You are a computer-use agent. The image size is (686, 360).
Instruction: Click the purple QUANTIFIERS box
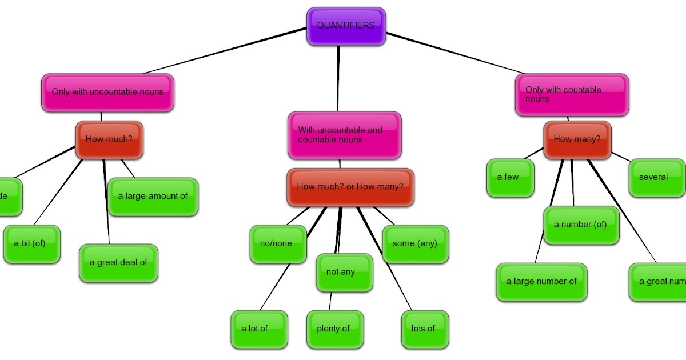[x=346, y=26]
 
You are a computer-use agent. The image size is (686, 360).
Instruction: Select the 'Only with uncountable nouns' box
[x=107, y=93]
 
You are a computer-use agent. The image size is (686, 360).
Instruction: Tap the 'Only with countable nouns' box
[x=572, y=95]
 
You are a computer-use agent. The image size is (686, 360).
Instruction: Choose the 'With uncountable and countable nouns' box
[x=344, y=135]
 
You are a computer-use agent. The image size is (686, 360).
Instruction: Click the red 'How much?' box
[x=109, y=139]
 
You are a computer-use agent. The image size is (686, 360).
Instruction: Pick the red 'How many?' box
[x=577, y=139]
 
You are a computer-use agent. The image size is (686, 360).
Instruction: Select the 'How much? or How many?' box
[x=350, y=187]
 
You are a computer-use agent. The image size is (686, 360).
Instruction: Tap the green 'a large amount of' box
[x=153, y=197]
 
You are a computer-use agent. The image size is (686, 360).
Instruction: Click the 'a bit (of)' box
[x=32, y=244]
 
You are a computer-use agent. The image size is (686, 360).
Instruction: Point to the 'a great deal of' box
[x=118, y=263]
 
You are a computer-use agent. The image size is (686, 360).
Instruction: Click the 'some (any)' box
[x=415, y=244]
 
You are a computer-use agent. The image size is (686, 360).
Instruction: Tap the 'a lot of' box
[x=258, y=329]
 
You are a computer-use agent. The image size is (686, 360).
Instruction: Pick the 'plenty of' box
[x=334, y=329]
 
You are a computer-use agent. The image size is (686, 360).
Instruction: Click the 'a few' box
[x=510, y=178]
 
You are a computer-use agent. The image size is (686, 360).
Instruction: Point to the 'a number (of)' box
[x=581, y=225]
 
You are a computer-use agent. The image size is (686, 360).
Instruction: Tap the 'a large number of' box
[x=541, y=282]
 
